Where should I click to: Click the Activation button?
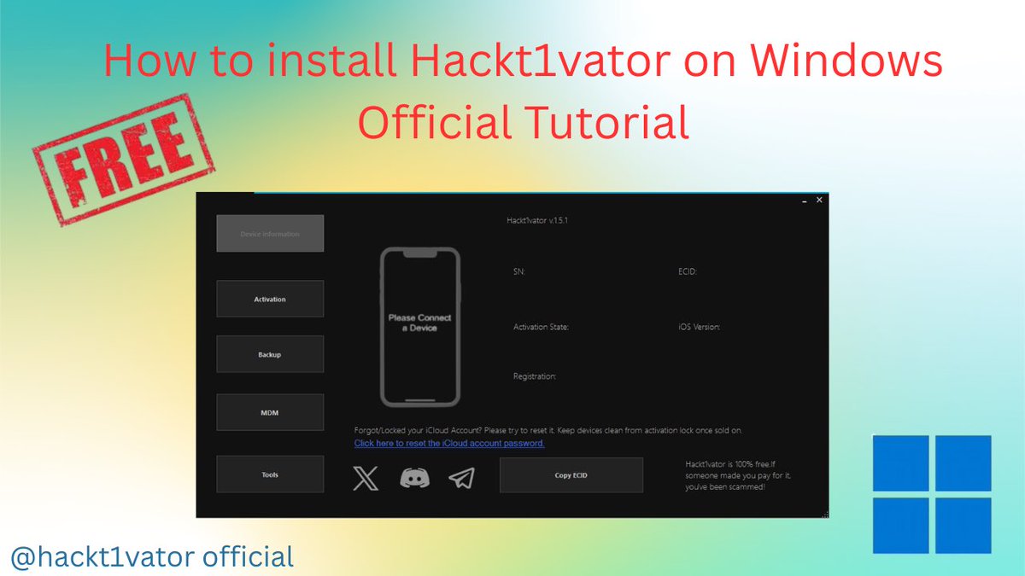pyautogui.click(x=270, y=300)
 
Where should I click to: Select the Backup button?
pyautogui.click(x=270, y=354)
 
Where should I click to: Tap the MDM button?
pyautogui.click(x=270, y=413)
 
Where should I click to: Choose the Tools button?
pyautogui.click(x=270, y=474)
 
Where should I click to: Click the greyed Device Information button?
pyautogui.click(x=270, y=234)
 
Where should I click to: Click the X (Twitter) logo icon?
pyautogui.click(x=366, y=478)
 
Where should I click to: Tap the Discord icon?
pyautogui.click(x=414, y=478)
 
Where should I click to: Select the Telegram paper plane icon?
pyautogui.click(x=461, y=478)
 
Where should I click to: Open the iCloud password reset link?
pyautogui.click(x=449, y=444)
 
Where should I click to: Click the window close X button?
pyautogui.click(x=819, y=200)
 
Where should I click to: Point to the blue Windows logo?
pyautogui.click(x=932, y=494)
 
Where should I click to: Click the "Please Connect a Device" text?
pyautogui.click(x=419, y=323)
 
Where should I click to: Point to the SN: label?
pyautogui.click(x=519, y=272)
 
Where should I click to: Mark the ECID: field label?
pyautogui.click(x=688, y=272)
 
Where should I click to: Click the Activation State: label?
pyautogui.click(x=541, y=327)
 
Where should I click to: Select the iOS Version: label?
pyautogui.click(x=699, y=327)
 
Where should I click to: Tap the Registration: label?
pyautogui.click(x=535, y=376)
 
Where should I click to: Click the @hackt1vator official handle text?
pyautogui.click(x=152, y=557)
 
